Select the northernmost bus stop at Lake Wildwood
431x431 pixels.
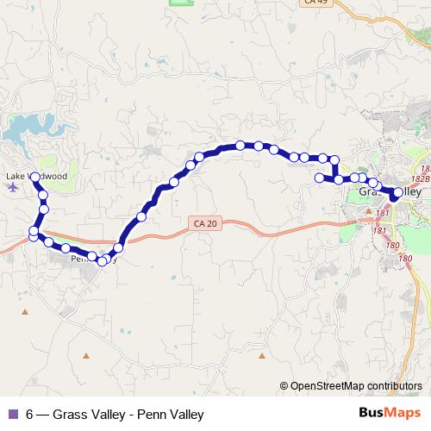point(35,176)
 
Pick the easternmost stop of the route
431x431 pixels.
point(395,195)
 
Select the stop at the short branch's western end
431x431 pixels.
point(319,178)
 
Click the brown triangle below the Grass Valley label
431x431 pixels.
point(369,211)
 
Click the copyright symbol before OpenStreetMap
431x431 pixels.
point(284,385)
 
